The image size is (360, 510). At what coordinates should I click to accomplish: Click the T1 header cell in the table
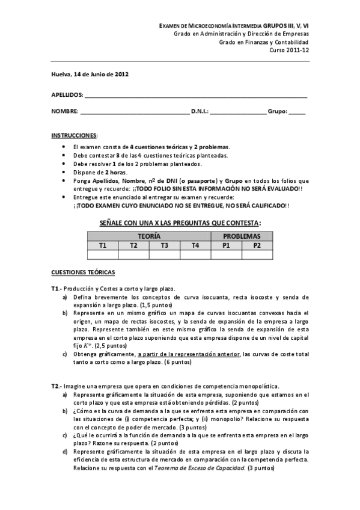103,245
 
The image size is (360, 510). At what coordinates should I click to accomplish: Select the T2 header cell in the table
133,245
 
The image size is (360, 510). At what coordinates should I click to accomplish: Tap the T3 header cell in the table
164,245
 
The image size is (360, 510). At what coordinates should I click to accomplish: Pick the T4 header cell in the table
195,245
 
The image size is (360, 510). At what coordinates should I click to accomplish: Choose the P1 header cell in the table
226,245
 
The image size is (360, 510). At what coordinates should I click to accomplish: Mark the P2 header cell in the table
257,245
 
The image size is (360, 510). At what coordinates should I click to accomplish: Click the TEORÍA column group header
149,236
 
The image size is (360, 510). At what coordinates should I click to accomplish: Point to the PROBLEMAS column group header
242,236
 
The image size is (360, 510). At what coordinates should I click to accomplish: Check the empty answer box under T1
103,254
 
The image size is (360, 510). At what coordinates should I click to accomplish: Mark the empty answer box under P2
257,254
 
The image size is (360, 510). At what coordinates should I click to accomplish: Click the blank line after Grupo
297,112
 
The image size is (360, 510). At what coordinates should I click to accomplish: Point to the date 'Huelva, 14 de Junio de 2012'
89,75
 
